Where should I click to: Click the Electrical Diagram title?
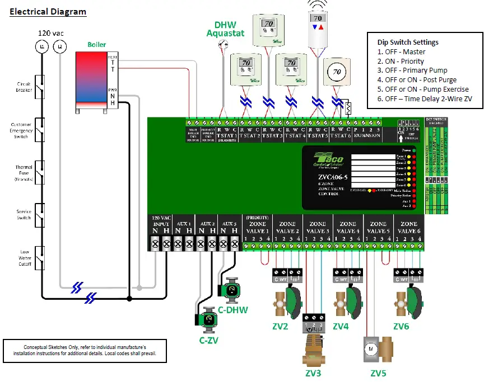pyautogui.click(x=48, y=11)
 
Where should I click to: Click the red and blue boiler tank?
pyautogui.click(x=90, y=79)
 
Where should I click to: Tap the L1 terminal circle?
pyautogui.click(x=42, y=48)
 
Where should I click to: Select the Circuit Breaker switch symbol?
pyautogui.click(x=40, y=87)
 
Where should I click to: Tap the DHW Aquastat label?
pyautogui.click(x=225, y=29)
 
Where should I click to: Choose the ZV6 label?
pyautogui.click(x=402, y=326)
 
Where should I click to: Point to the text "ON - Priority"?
pyautogui.click(x=401, y=61)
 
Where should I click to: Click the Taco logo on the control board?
pyautogui.click(x=330, y=159)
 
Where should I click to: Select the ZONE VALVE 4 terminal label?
pyautogui.click(x=348, y=227)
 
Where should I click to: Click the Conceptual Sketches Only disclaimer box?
pyautogui.click(x=84, y=351)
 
